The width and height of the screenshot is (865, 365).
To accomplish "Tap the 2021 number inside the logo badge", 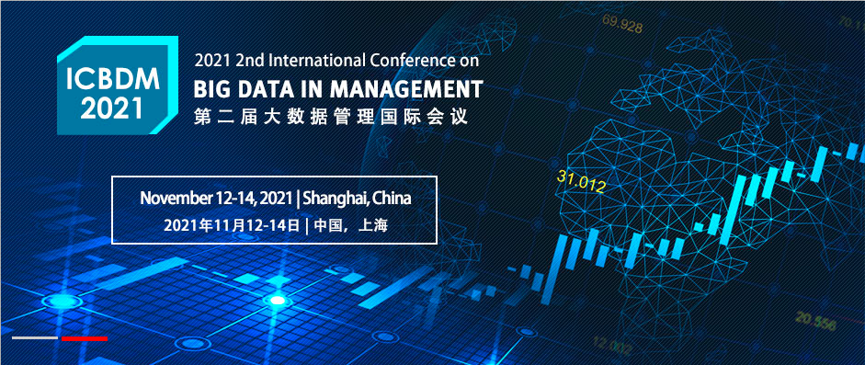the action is pyautogui.click(x=112, y=108).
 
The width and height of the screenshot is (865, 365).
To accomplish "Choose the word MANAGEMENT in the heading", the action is pyautogui.click(x=407, y=89).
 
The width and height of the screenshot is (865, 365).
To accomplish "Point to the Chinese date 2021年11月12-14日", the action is pyautogui.click(x=232, y=225).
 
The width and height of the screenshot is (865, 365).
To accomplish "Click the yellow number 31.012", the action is pyautogui.click(x=582, y=181).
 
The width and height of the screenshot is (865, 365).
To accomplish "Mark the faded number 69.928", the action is pyautogui.click(x=622, y=25).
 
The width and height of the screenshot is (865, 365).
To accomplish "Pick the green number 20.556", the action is pyautogui.click(x=815, y=322).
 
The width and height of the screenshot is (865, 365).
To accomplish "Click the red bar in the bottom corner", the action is pyautogui.click(x=85, y=338).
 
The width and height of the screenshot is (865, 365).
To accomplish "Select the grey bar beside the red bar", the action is pyautogui.click(x=35, y=337).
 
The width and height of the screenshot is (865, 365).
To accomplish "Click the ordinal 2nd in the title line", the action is pyautogui.click(x=247, y=61).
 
